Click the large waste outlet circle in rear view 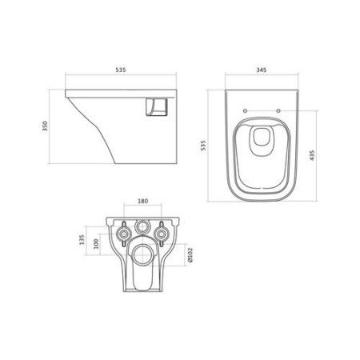(145, 257)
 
